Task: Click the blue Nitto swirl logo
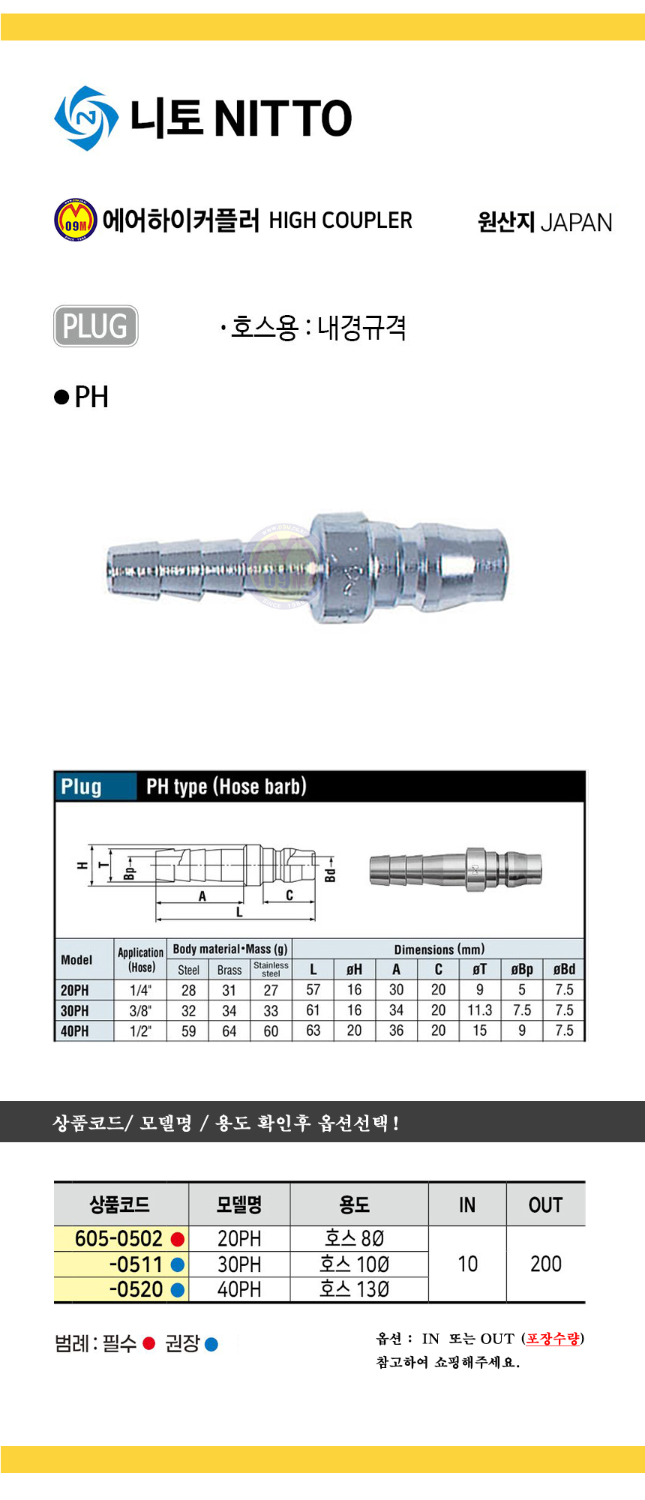[x=86, y=118]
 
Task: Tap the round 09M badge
[x=75, y=220]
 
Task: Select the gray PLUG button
[x=95, y=326]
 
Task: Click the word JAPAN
[x=576, y=223]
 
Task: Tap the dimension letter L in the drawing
[x=239, y=912]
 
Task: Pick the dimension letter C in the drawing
[x=289, y=895]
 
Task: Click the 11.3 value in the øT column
[x=480, y=1010]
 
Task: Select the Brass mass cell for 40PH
[x=229, y=1031]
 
